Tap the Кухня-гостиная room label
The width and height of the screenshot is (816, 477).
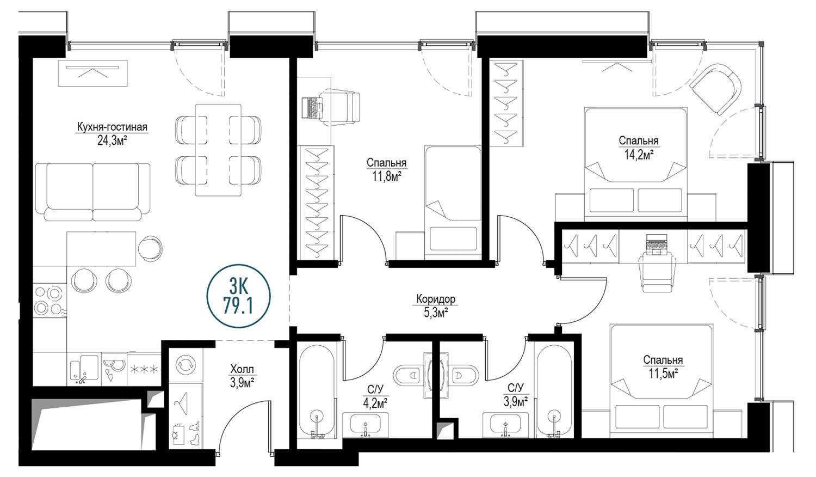click(x=112, y=127)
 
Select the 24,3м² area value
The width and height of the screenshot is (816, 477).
click(x=112, y=141)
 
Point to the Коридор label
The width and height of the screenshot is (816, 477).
click(x=436, y=299)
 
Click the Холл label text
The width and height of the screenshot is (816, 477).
click(x=242, y=369)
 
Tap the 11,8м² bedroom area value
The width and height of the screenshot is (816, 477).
click(x=386, y=177)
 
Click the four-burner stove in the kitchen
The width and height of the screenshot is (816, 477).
click(x=50, y=301)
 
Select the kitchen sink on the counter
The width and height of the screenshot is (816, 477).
click(x=84, y=369)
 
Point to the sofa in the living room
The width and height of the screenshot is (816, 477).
click(x=93, y=192)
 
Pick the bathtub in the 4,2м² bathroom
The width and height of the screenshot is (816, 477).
click(x=317, y=390)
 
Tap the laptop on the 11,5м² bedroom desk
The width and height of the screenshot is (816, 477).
click(x=656, y=243)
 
